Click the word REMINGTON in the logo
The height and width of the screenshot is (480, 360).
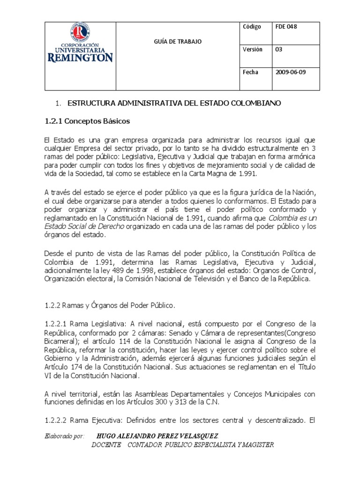click(x=80, y=58)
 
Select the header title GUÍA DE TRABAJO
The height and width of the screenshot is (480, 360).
click(x=178, y=42)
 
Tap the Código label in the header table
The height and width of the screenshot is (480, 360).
click(x=252, y=27)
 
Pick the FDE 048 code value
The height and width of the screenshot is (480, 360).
click(x=286, y=27)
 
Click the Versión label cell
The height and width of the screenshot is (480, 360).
click(x=253, y=49)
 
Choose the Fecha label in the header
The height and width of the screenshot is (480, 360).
click(x=250, y=72)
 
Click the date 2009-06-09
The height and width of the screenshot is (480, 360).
click(x=291, y=72)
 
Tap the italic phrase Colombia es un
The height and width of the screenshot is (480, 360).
click(x=293, y=218)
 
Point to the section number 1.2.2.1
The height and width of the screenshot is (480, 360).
click(x=56, y=324)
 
